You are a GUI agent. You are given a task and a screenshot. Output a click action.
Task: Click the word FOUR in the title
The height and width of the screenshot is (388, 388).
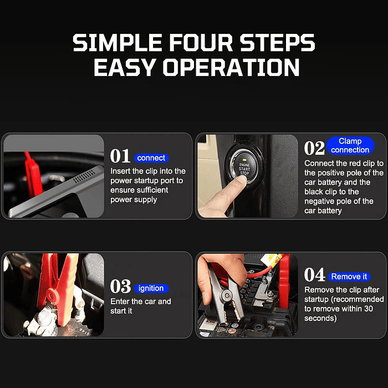tap(201, 43)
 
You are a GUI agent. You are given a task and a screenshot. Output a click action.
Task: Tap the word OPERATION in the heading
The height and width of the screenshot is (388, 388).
tap(231, 67)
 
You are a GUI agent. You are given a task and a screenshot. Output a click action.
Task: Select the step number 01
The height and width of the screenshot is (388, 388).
tap(120, 156)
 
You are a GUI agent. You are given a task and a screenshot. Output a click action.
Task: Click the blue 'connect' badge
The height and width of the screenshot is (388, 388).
tap(151, 158)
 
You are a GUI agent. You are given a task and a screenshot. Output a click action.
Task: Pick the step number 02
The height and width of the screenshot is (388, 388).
tap(314, 148)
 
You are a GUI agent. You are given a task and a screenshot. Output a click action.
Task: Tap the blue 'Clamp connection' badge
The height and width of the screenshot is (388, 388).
tap(350, 145)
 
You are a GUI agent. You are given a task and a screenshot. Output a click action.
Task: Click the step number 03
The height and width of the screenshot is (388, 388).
tap(120, 287)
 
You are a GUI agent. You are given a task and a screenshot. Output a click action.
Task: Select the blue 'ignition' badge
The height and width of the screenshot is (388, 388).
tap(151, 288)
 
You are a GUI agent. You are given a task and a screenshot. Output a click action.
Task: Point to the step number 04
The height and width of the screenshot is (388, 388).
tap(314, 275)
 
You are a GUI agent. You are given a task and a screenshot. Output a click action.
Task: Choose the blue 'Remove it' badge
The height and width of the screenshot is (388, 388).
tap(349, 277)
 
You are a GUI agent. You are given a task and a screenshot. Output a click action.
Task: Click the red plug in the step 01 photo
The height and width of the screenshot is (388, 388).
tap(33, 174)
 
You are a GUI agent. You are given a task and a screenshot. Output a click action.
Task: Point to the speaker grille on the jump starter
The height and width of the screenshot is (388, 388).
tap(84, 176)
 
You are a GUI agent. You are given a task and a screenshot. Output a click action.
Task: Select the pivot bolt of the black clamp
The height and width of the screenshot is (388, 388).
tap(226, 295)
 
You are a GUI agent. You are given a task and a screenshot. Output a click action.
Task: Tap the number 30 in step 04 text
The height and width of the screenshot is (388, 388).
tap(368, 309)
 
